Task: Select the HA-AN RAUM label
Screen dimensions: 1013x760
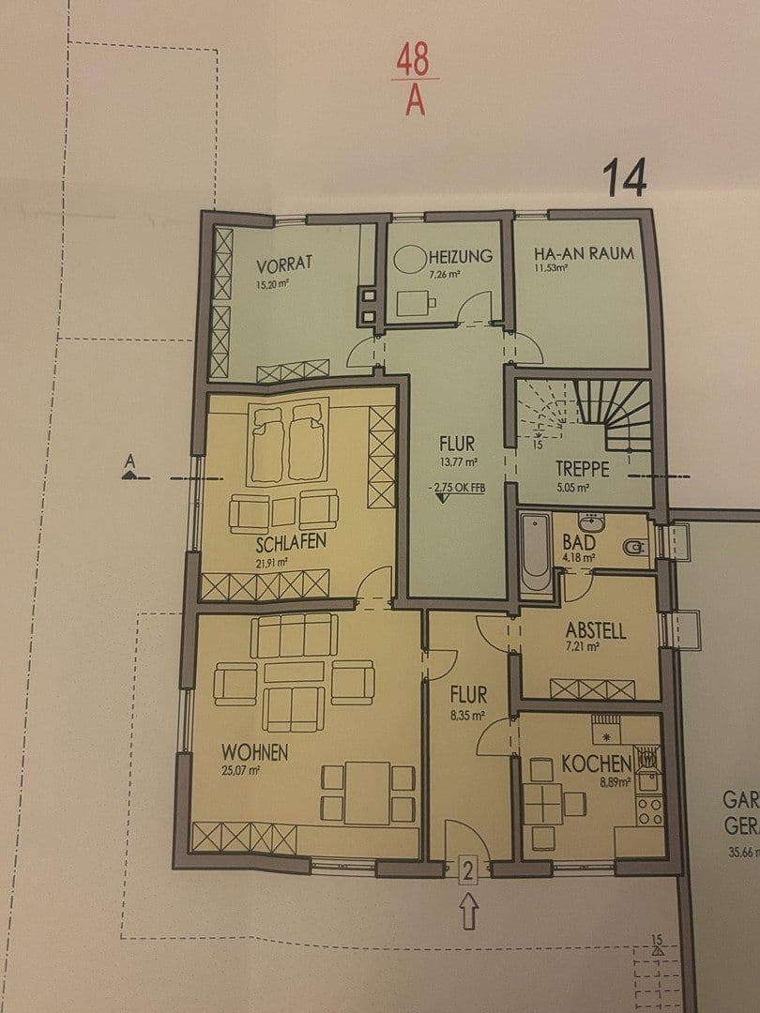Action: click(x=583, y=253)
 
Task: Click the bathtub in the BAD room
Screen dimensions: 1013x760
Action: click(x=536, y=556)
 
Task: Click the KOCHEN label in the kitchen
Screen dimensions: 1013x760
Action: click(x=596, y=764)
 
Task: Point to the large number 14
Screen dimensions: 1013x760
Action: click(x=625, y=179)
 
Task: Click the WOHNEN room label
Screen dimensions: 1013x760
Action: click(x=254, y=751)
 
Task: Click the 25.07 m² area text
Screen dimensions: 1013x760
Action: click(x=241, y=770)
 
